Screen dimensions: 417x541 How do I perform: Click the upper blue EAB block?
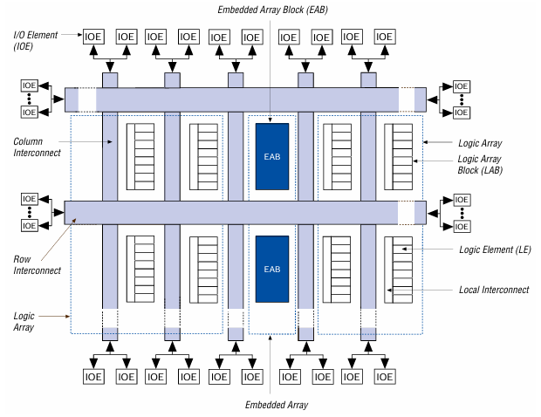[270, 156]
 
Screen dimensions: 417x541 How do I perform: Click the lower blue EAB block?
[270, 268]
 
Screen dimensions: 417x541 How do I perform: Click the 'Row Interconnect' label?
[37, 264]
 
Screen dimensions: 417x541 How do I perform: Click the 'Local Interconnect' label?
[493, 290]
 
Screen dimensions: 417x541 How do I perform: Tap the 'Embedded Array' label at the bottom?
[277, 405]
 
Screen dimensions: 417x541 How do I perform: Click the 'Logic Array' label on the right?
[480, 141]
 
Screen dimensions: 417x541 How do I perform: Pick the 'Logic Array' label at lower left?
[25, 322]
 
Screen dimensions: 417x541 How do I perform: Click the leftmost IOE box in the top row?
[93, 37]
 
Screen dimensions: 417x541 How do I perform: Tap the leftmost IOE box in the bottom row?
[93, 377]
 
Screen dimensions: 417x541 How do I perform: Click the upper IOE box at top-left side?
[30, 85]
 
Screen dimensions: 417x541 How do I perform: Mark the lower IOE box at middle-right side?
[460, 226]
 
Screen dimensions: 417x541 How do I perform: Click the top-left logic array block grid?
[140, 156]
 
